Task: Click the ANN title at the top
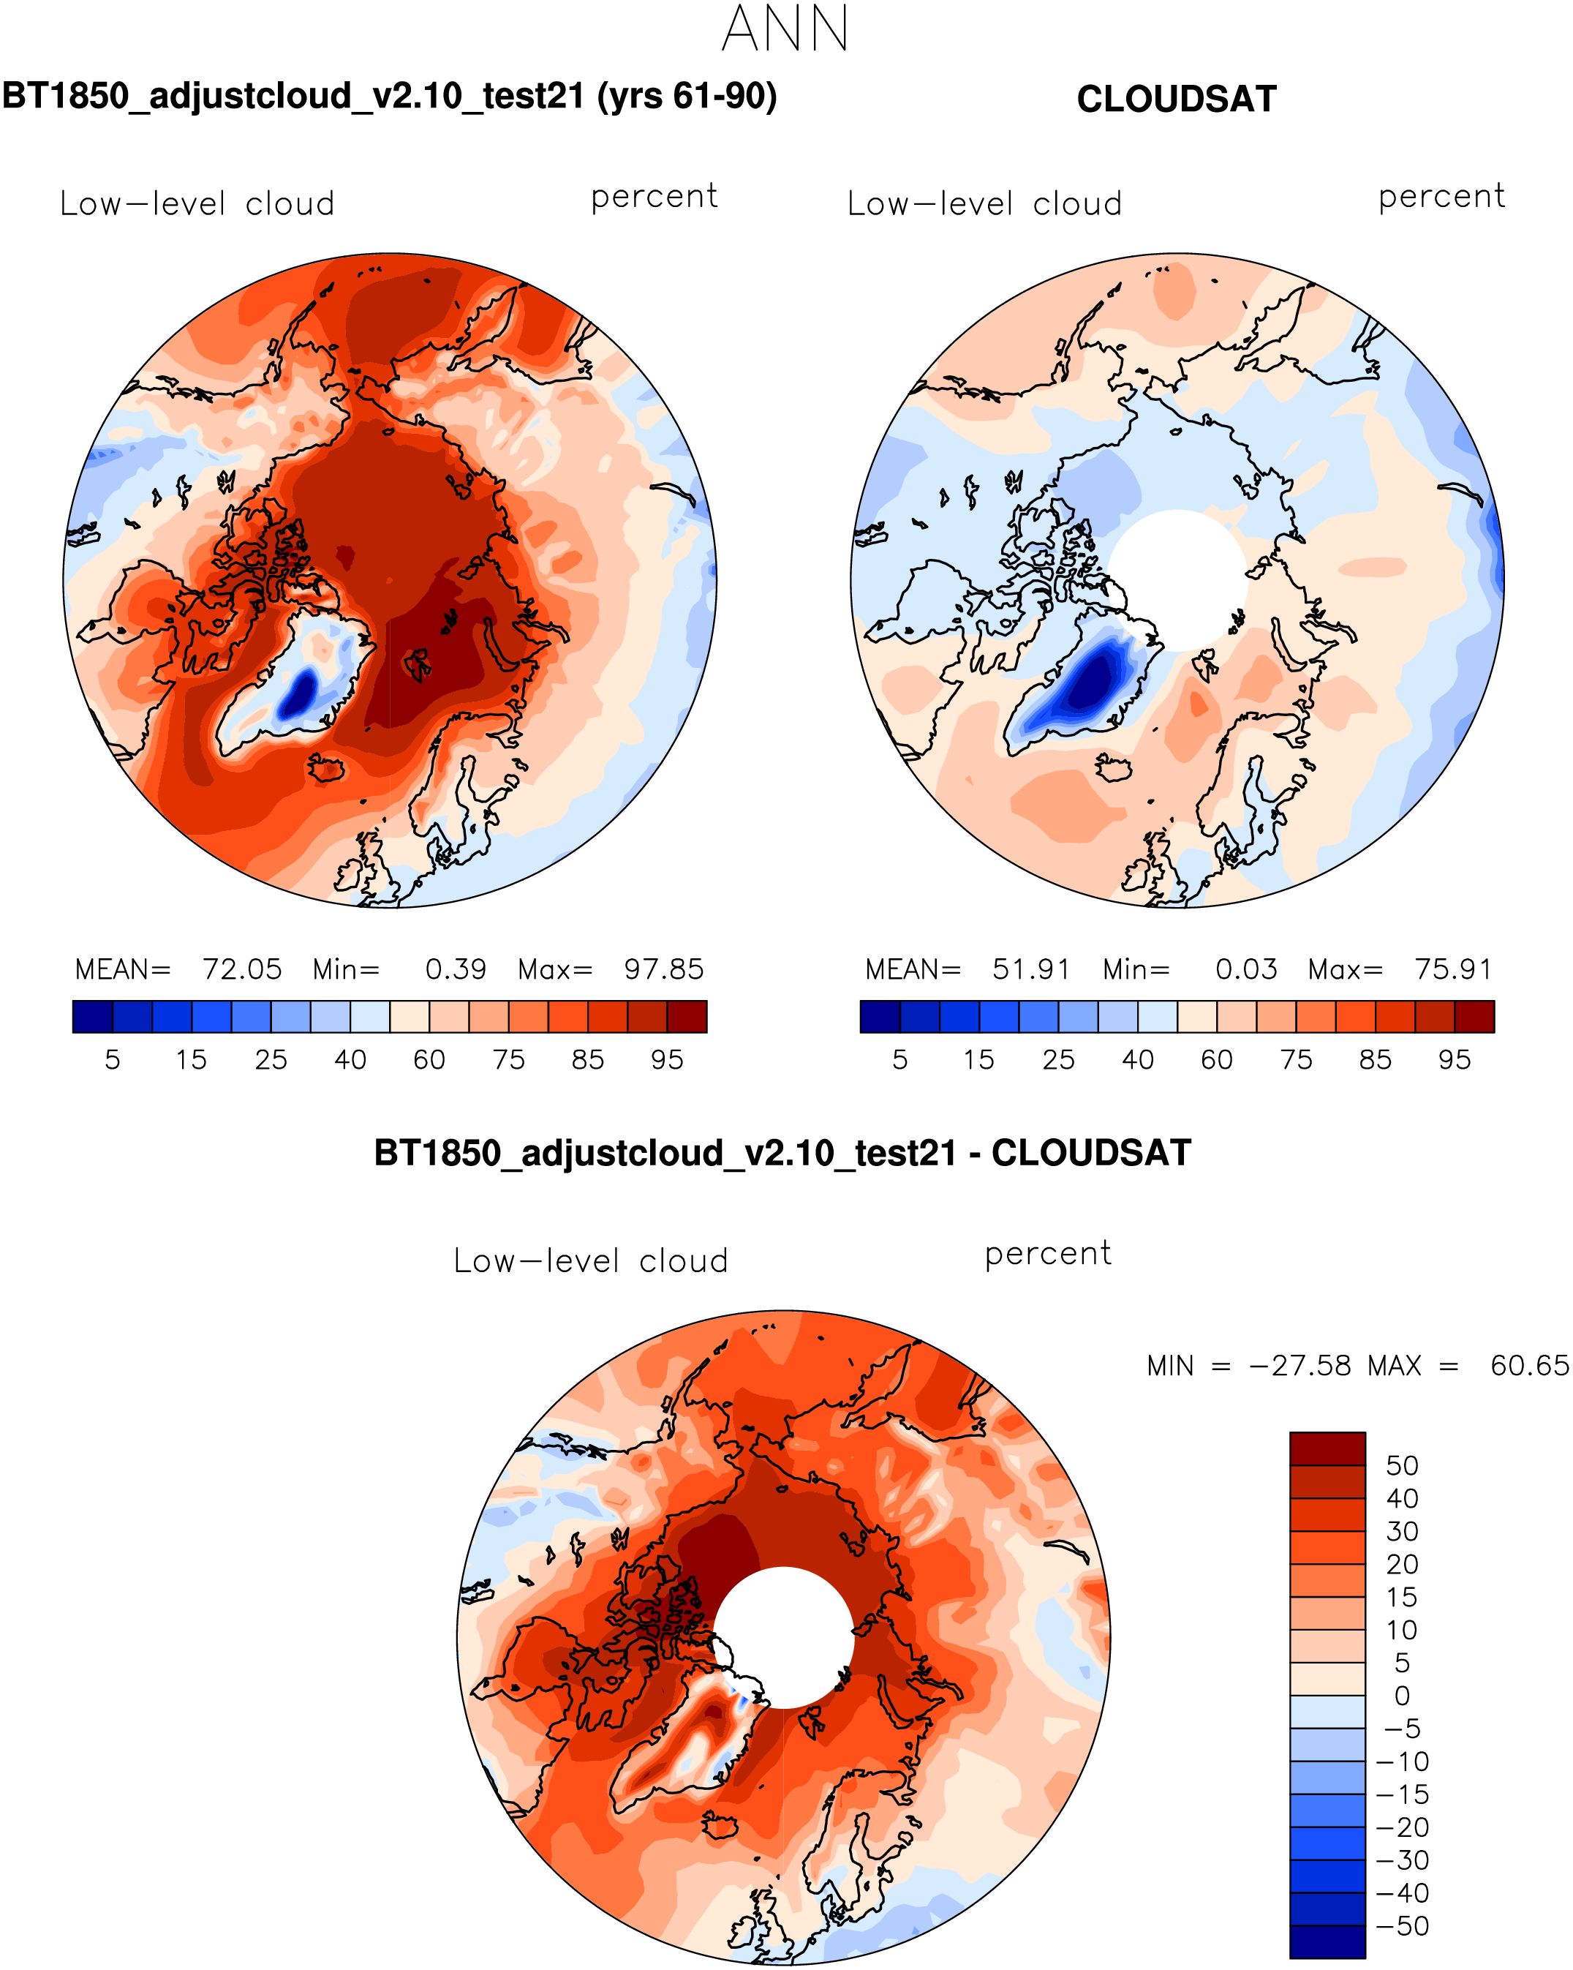tap(785, 29)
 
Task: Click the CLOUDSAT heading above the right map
tap(1176, 99)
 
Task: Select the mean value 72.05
tap(242, 969)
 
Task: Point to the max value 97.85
tap(663, 969)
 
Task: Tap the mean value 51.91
tap(1030, 969)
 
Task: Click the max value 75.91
tap(1452, 969)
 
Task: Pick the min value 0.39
tap(455, 969)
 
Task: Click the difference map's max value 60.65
tap(1528, 1365)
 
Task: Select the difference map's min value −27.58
tap(1299, 1365)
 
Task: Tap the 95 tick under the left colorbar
tap(667, 1060)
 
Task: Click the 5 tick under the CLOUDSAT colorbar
tap(899, 1060)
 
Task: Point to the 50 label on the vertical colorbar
tap(1401, 1466)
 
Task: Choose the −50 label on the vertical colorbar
tap(1401, 1926)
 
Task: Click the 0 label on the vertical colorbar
tap(1401, 1696)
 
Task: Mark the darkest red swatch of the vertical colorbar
tap(1327, 1448)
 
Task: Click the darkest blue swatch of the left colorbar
tap(92, 1016)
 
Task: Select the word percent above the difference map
tap(1048, 1254)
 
